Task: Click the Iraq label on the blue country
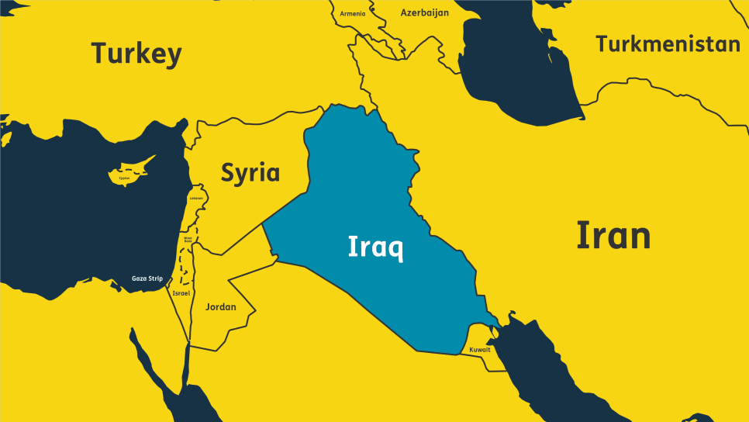point(375,247)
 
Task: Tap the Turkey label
point(136,54)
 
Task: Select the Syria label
point(250,172)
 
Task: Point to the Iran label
point(613,235)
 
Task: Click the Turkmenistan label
point(668,44)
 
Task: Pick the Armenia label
point(352,14)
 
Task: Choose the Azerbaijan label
point(424,12)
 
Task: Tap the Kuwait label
point(480,350)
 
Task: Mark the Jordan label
point(220,307)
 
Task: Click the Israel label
point(181,293)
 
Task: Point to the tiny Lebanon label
point(196,198)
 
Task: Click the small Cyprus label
point(125,178)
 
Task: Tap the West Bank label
point(187,240)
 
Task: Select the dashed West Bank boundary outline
point(181,264)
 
